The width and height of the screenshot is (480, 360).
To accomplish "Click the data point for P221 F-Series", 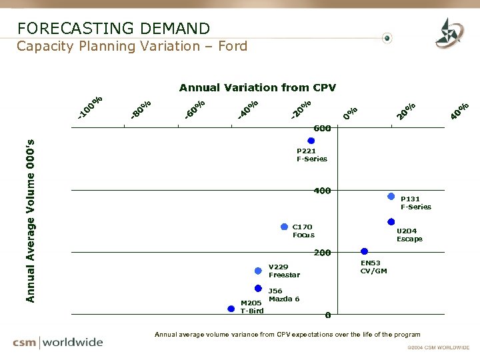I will [311, 141].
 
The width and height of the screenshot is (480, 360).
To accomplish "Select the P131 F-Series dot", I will [391, 197].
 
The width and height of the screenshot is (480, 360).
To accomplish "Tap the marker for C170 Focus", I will [285, 227].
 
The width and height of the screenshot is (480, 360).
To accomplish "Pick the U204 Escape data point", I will [391, 222].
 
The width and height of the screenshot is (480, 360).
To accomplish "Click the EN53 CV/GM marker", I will [364, 251].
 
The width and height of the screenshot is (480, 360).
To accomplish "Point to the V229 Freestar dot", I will [259, 271].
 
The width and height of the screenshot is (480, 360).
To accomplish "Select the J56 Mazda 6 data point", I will [259, 289].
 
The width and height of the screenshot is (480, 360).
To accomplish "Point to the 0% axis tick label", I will [351, 113].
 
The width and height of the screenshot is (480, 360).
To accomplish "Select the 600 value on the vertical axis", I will [323, 128].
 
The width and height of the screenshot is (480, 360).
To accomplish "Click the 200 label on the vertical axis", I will [323, 253].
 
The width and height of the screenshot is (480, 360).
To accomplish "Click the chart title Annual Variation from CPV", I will [257, 87].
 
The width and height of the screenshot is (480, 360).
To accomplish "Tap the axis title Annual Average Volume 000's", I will [30, 220].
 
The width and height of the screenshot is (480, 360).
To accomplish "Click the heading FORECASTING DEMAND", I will [113, 29].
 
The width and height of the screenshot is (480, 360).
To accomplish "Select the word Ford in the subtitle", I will [232, 46].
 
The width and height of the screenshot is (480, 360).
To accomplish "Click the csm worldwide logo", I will [58, 343].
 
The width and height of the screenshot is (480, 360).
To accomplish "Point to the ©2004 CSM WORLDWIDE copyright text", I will [438, 348].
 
